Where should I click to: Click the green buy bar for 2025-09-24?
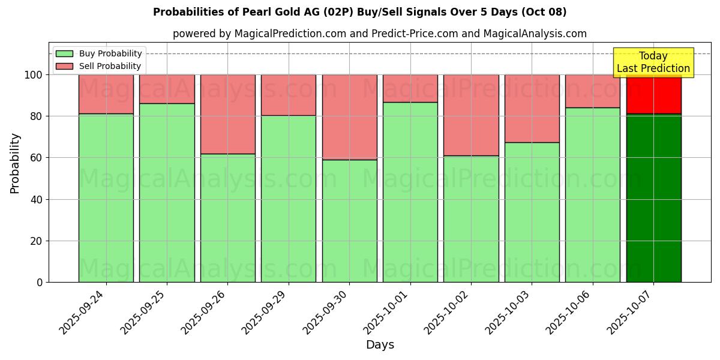[106, 198]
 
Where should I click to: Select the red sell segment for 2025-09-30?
[349, 117]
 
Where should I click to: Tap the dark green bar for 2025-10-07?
[653, 198]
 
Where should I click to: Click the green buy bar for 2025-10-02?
[471, 219]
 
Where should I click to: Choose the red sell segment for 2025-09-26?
[227, 114]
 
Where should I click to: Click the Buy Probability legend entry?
[99, 54]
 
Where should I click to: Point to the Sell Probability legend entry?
[99, 67]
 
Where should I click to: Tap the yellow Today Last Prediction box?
[653, 62]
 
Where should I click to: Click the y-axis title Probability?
[15, 163]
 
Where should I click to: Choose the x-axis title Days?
[380, 345]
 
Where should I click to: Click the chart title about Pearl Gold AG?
[360, 12]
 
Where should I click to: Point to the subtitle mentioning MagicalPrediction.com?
[380, 34]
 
